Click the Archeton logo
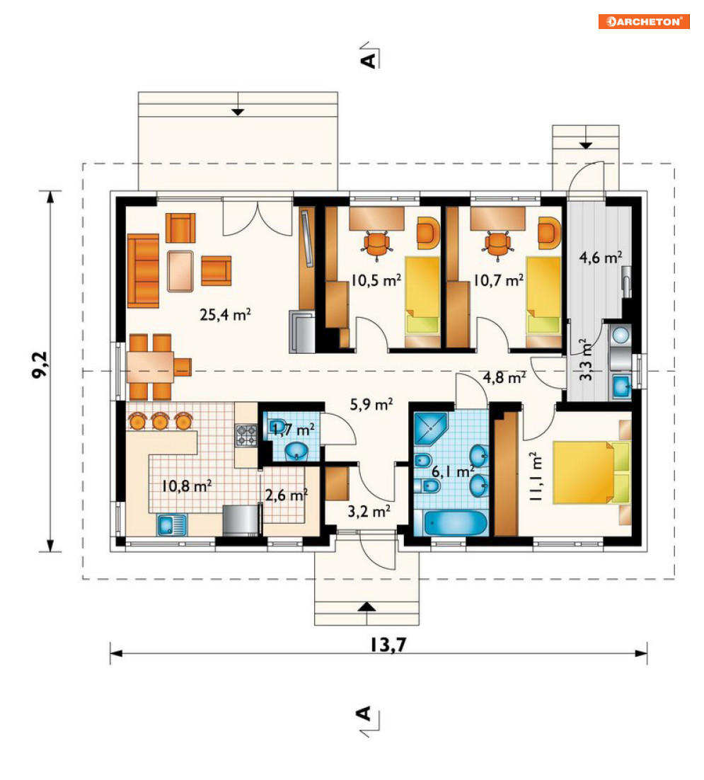coord(644,21)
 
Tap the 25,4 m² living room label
coord(225,314)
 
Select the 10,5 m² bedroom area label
coord(376,280)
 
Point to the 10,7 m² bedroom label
coord(498,280)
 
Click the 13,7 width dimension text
coord(388,645)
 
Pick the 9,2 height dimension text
coord(40,365)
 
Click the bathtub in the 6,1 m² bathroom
coord(456,523)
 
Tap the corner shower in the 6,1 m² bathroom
coord(431,428)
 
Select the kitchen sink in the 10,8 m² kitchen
coord(172,525)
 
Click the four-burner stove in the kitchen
coord(246,435)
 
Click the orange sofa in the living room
coord(143,271)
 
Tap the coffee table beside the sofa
coord(180,271)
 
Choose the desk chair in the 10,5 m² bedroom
coord(376,245)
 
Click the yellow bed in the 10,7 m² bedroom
coord(544,295)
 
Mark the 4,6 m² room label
coord(601,258)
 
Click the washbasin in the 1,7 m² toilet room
coord(296,452)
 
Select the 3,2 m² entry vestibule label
coord(369,511)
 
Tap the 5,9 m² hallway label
coord(371,404)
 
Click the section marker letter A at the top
coord(369,60)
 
